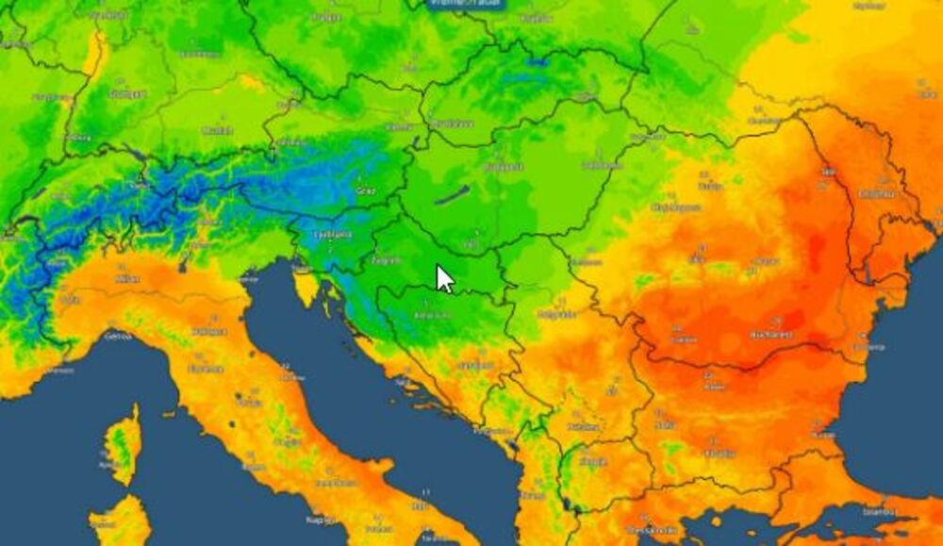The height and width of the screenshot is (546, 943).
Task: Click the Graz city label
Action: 365,190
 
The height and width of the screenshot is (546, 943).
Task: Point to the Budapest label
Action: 503,167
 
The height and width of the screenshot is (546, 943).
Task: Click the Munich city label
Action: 218,132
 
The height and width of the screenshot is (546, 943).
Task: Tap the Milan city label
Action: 126,279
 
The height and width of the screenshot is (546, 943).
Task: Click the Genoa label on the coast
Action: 117,335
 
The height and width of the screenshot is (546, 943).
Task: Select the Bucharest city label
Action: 771,334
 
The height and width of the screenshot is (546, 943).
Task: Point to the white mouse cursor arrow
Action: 444,278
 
